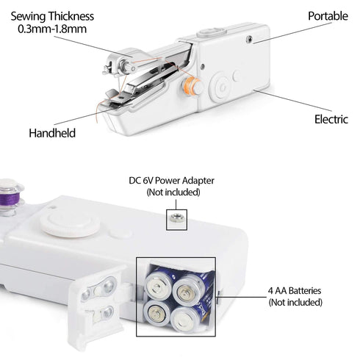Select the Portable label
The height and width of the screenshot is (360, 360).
(328, 15)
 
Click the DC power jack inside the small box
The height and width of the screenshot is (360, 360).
(176, 216)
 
